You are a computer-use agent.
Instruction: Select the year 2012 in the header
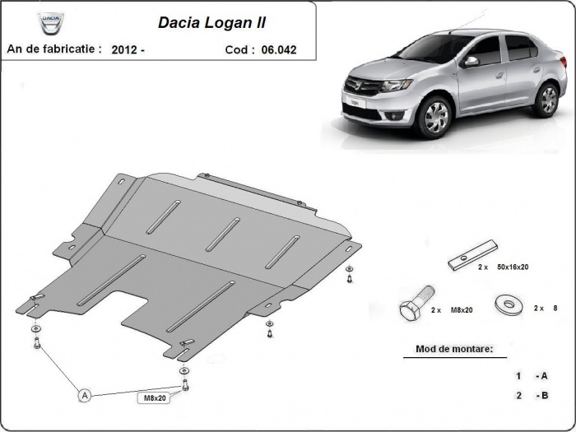127,49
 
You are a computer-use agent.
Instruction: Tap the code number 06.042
279,49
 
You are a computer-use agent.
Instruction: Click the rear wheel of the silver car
546,100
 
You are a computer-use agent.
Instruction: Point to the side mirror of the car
471,62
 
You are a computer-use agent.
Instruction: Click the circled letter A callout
84,396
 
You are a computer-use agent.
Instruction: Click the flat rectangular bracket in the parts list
472,254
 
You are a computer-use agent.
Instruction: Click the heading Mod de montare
448,349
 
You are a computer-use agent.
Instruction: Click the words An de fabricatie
54,49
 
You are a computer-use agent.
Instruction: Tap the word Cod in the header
237,49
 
